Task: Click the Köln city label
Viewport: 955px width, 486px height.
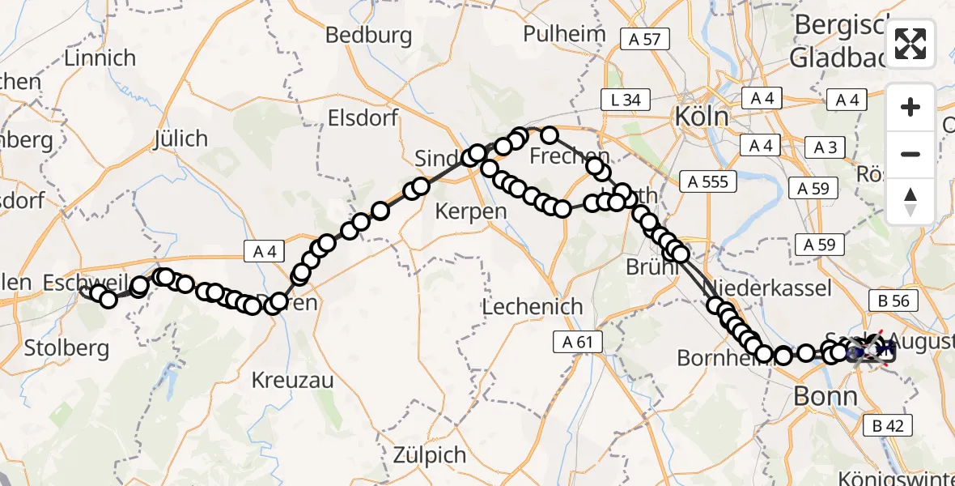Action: [x=702, y=117]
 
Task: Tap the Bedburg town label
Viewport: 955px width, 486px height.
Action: [x=368, y=36]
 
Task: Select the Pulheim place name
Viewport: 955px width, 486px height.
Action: [x=564, y=34]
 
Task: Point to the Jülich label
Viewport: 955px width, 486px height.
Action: [x=180, y=139]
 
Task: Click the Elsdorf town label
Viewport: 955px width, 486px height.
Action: [x=363, y=118]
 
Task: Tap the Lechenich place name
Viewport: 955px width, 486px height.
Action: [x=532, y=307]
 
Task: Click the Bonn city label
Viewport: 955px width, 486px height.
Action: [x=826, y=396]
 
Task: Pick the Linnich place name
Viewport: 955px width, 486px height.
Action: [x=100, y=58]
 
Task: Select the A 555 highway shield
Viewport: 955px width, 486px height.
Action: [x=708, y=181]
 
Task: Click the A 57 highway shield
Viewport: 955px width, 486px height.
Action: [x=644, y=38]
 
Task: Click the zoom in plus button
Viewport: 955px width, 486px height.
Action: [x=910, y=107]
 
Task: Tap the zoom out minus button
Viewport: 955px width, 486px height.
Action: [x=910, y=154]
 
